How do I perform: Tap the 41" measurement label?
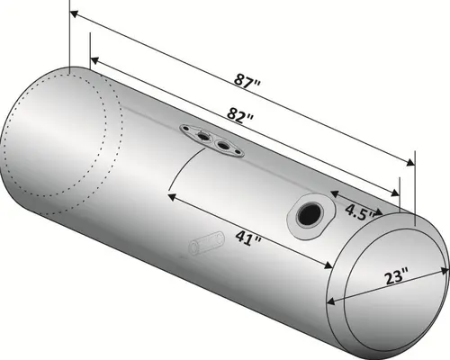click(246, 238)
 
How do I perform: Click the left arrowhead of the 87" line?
click(72, 15)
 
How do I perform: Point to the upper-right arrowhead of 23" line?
click(444, 267)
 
